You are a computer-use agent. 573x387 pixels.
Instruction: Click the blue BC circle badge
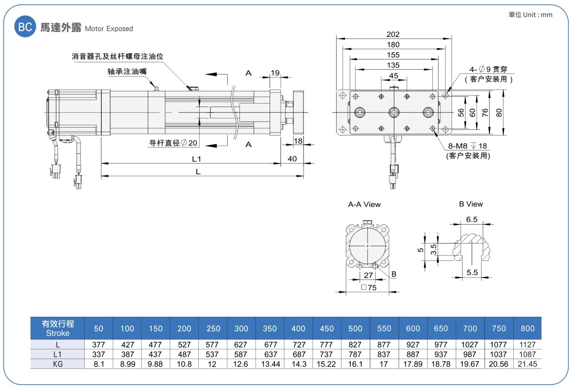[x=25, y=27]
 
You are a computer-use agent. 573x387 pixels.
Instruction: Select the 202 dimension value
[x=393, y=34]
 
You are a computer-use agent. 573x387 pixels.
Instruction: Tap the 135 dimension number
[x=393, y=65]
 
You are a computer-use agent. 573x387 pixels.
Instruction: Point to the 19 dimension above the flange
[x=275, y=73]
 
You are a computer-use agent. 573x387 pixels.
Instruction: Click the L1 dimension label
[x=197, y=159]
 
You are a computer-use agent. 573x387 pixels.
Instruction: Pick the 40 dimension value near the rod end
[x=292, y=159]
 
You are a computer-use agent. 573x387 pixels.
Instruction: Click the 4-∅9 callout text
[x=488, y=69]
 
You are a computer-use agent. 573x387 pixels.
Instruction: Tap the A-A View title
[x=364, y=204]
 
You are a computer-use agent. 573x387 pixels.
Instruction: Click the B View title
[x=471, y=204]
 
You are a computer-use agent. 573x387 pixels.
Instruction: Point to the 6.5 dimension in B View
[x=472, y=219]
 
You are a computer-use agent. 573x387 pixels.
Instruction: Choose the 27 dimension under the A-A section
[x=368, y=275]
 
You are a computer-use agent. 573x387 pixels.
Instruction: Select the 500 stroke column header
[x=355, y=328]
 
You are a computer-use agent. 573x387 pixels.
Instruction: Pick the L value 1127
[x=528, y=345]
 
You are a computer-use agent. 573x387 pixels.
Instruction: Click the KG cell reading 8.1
[x=99, y=364]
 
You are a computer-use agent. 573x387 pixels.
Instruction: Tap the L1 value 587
[x=241, y=354]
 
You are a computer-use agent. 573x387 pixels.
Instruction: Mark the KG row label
[x=58, y=364]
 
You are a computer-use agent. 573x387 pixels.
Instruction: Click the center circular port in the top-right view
[x=394, y=112]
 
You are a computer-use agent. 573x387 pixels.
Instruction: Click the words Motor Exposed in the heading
[x=109, y=28]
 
